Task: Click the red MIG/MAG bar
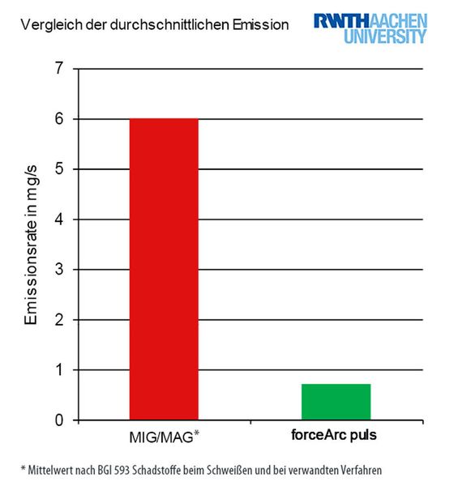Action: point(164,269)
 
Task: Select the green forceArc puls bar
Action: point(336,403)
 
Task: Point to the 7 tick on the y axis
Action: point(59,69)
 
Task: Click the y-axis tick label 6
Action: point(59,119)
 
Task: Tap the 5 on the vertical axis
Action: point(59,169)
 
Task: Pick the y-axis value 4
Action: point(59,220)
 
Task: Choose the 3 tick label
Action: point(59,270)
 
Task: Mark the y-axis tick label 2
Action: point(59,320)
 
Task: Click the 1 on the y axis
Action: point(59,370)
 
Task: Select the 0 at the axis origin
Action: point(59,420)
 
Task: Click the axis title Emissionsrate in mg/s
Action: point(30,245)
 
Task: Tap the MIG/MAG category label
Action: point(162,437)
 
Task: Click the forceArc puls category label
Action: point(336,434)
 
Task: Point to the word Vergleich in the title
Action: point(48,25)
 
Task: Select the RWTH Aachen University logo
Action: point(370,28)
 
